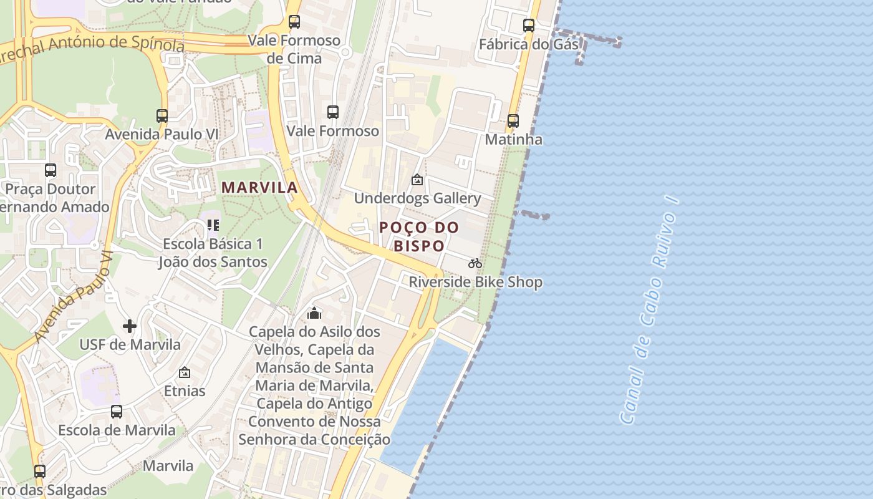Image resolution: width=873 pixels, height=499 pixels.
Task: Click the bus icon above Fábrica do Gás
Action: point(529,26)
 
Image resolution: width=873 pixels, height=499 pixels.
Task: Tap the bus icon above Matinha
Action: point(513,121)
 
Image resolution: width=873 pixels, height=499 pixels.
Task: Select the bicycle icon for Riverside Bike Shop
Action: point(475,263)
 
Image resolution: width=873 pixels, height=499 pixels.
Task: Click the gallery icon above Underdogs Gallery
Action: point(417,180)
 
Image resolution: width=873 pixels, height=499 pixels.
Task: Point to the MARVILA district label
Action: point(259,187)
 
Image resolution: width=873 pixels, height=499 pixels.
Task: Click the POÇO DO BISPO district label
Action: point(419,236)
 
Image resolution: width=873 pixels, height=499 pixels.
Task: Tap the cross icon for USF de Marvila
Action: point(130,326)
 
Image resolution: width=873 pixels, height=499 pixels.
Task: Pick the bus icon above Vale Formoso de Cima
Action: point(294,22)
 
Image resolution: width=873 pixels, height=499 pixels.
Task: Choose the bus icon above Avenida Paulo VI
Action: point(162,115)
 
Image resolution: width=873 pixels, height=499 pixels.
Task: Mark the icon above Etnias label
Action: point(185,373)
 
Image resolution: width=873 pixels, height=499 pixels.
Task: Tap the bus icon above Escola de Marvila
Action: point(117,412)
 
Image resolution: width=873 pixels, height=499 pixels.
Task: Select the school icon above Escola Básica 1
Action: point(213,225)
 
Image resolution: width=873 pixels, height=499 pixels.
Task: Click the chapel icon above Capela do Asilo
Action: point(314,312)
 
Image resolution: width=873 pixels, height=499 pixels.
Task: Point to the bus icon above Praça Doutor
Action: point(51,170)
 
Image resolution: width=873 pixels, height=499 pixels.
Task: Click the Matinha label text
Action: point(513,139)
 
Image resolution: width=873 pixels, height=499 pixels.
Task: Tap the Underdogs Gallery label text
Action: point(417,198)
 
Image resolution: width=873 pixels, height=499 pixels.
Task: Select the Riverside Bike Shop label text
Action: point(475,282)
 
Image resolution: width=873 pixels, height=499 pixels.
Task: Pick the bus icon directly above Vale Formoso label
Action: point(333,112)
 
